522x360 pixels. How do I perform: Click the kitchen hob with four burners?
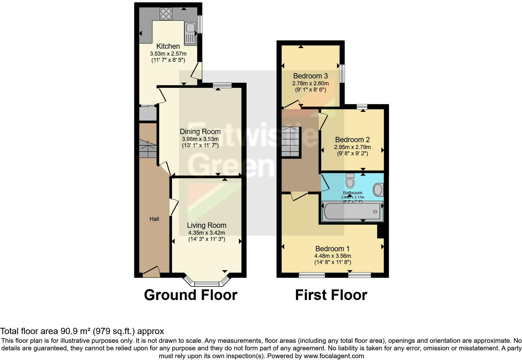click(x=166, y=13)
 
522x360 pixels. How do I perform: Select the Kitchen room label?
click(x=168, y=46)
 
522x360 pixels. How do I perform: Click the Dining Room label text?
click(x=200, y=132)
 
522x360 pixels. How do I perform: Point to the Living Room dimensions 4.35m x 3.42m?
click(x=206, y=233)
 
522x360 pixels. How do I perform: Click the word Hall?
click(x=154, y=219)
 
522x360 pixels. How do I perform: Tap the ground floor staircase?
click(x=147, y=149)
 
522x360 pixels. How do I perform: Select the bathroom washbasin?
click(x=378, y=190)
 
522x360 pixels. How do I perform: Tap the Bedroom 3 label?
click(x=310, y=76)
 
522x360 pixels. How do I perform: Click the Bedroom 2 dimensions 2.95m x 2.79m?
click(x=352, y=147)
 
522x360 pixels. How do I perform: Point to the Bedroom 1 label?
click(x=332, y=249)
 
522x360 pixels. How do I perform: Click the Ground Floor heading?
click(x=190, y=295)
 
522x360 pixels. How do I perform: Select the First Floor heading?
click(x=331, y=295)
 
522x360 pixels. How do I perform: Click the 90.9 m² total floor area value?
click(x=74, y=331)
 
